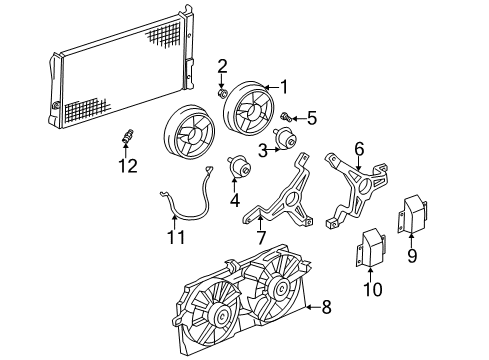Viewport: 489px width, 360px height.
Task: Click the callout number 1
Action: (x=283, y=86)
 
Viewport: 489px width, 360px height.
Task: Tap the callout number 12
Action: (x=126, y=167)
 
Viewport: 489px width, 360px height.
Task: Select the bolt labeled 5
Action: (x=286, y=118)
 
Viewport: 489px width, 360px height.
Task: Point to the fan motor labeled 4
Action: (x=240, y=167)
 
